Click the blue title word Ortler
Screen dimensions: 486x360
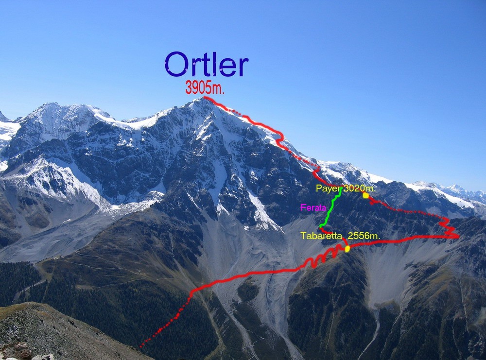pyautogui.click(x=207, y=64)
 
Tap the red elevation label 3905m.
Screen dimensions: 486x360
pyautogui.click(x=205, y=87)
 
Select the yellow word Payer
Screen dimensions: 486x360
pyautogui.click(x=328, y=189)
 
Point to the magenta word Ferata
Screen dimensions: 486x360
pyautogui.click(x=313, y=207)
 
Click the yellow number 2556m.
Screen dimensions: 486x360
pyautogui.click(x=364, y=236)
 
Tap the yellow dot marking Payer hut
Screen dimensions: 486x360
pyautogui.click(x=366, y=195)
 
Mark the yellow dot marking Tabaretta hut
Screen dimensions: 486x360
pyautogui.click(x=347, y=248)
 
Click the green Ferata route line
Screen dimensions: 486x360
pyautogui.click(x=330, y=207)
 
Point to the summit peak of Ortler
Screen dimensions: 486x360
pyautogui.click(x=204, y=98)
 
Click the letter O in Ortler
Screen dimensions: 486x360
pyautogui.click(x=176, y=64)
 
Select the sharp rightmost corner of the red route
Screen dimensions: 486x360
pyautogui.click(x=458, y=237)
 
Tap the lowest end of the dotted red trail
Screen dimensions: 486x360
pyautogui.click(x=140, y=346)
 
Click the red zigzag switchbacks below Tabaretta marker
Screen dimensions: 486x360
pyautogui.click(x=322, y=257)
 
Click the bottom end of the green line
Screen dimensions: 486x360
pyautogui.click(x=320, y=226)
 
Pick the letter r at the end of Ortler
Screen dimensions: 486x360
pyautogui.click(x=243, y=67)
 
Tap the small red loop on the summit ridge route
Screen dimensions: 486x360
pyautogui.click(x=280, y=138)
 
